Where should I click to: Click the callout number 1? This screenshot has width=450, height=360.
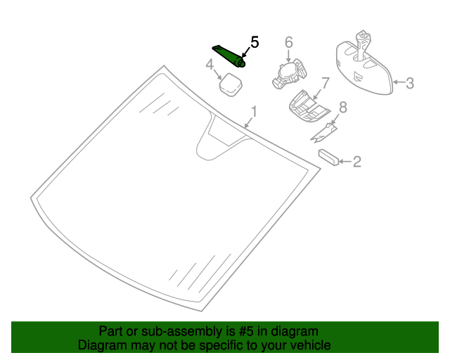point(254,111)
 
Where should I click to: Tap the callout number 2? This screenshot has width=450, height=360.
point(357,162)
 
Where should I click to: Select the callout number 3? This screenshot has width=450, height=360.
point(410,84)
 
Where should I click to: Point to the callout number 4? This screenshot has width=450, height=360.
point(210,65)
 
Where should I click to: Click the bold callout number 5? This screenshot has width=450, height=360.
point(255,42)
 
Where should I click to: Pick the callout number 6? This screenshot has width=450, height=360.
point(288,43)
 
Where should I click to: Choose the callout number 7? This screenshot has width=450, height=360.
point(325,83)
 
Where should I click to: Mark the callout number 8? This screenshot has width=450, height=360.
point(343,107)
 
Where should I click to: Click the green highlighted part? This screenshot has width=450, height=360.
point(229,56)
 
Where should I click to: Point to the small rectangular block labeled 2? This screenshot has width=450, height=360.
point(328,156)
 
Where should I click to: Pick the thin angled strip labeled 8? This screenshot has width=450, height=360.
point(325,131)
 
